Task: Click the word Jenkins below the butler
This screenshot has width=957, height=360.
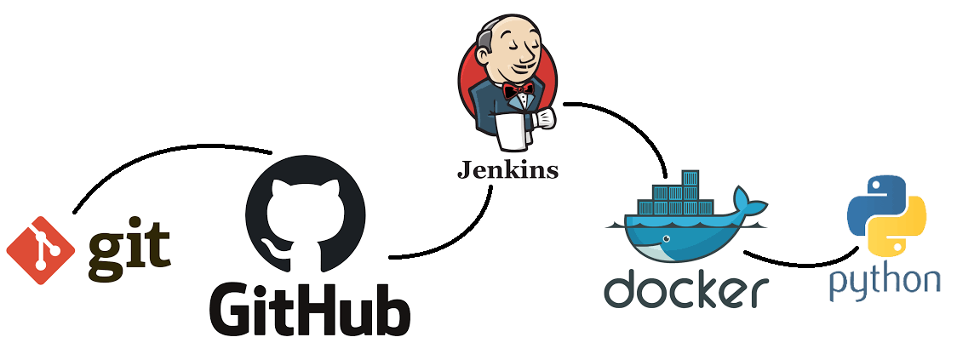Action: point(507,170)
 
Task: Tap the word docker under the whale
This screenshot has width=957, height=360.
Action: point(686,290)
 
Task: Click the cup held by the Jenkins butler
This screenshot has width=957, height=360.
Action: point(542,117)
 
